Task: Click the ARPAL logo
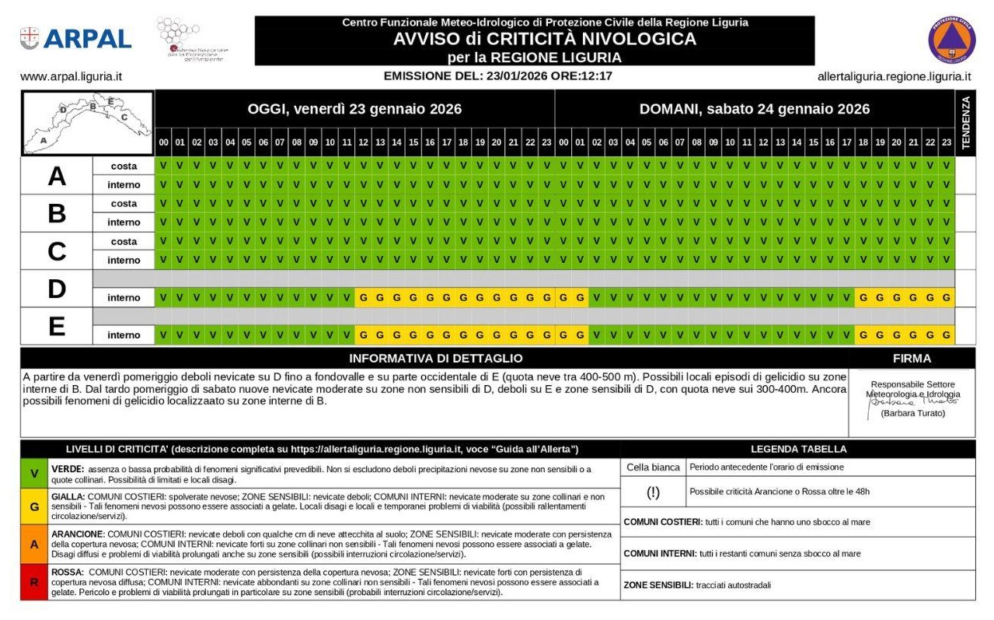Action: [75, 38]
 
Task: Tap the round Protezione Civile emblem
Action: [951, 40]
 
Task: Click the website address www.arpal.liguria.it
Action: [71, 77]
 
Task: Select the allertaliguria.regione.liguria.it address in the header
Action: [894, 77]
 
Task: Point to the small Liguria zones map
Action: [87, 123]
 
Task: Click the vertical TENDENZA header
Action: [965, 123]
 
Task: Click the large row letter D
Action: [56, 289]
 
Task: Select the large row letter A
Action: [56, 176]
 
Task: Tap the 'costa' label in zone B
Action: [124, 204]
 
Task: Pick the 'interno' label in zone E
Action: [124, 335]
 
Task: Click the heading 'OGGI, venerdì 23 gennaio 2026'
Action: [354, 109]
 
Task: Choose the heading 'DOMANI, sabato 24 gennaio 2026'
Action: [754, 109]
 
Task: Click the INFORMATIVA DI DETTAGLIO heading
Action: [435, 359]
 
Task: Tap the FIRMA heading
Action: [912, 359]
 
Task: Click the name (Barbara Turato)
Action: [912, 414]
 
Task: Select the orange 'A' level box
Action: [34, 545]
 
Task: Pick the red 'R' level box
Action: [34, 582]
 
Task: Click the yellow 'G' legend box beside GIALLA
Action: [34, 506]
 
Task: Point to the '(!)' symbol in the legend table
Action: [653, 492]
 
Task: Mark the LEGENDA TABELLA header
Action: [798, 449]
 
